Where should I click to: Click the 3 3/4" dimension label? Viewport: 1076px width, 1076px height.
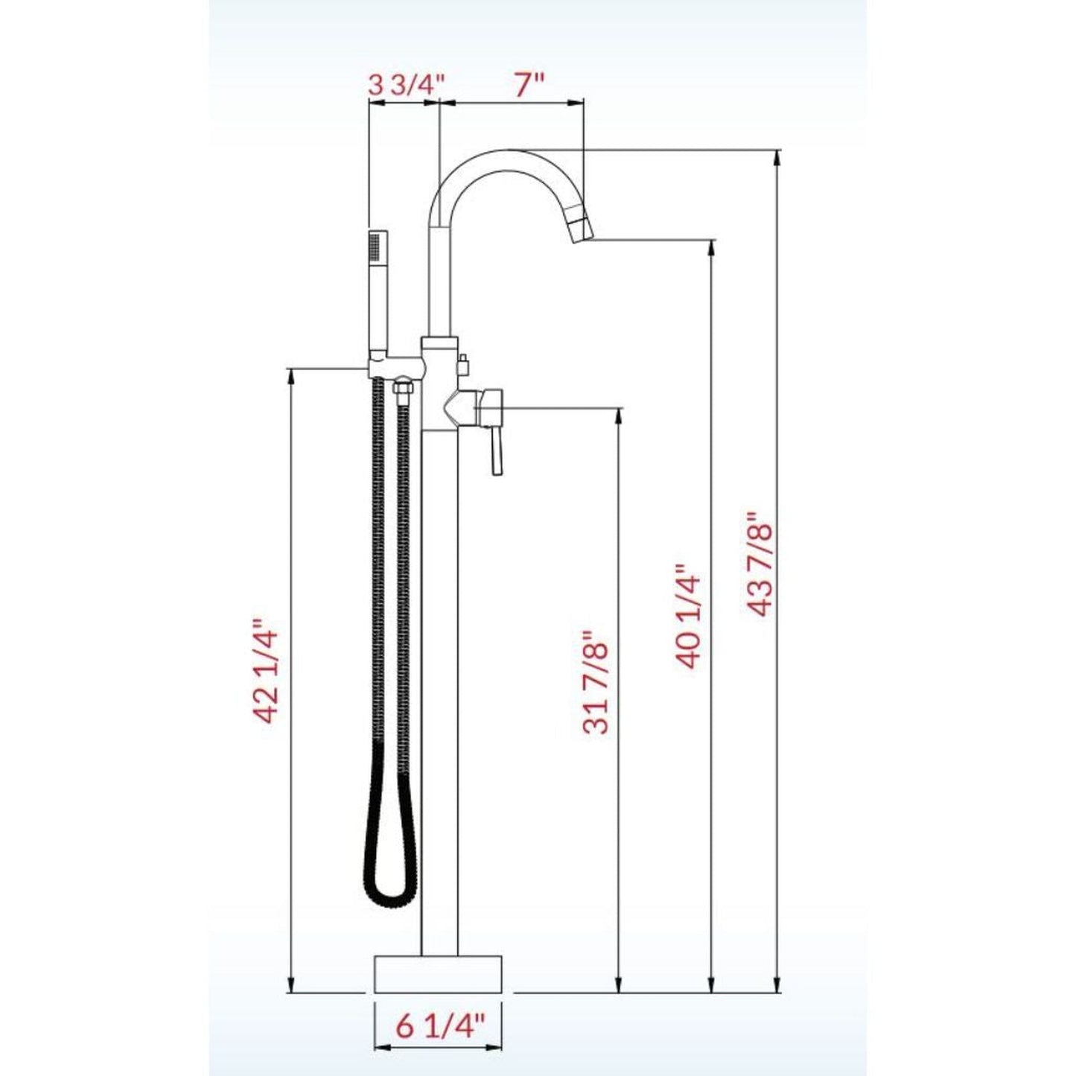407,84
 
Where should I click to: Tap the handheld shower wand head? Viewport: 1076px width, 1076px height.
378,253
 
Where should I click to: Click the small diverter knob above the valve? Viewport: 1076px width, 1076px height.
462,364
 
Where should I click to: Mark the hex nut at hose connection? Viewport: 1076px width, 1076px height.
402,389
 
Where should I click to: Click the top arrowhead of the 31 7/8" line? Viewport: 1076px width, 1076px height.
618,414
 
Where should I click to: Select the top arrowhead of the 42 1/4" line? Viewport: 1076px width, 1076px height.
290,375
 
